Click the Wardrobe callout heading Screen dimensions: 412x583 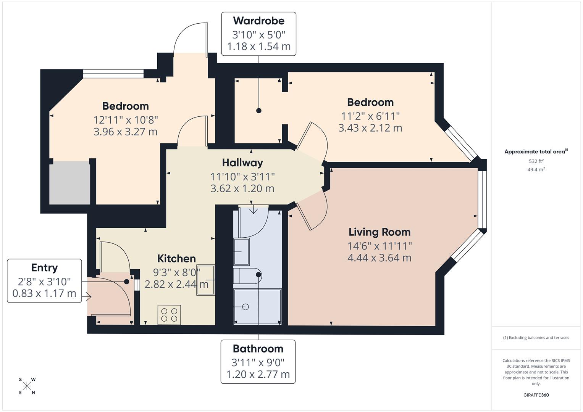pyautogui.click(x=258, y=20)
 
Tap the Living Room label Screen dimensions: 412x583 pyautogui.click(x=379, y=232)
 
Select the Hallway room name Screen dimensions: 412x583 pyautogui.click(x=242, y=163)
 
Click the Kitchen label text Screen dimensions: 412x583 pyautogui.click(x=176, y=259)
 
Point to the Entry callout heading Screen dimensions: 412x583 pyautogui.click(x=44, y=268)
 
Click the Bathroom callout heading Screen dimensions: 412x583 pyautogui.click(x=258, y=349)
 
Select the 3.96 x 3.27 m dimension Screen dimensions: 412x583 pyautogui.click(x=125, y=132)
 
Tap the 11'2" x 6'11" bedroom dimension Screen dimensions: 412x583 pyautogui.click(x=370, y=116)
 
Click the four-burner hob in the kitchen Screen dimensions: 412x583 pyautogui.click(x=169, y=315)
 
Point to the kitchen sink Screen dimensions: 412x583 pyautogui.click(x=205, y=280)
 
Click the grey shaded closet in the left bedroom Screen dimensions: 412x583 pyautogui.click(x=69, y=183)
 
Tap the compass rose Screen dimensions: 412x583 pyautogui.click(x=27, y=386)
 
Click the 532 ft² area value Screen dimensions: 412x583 pyautogui.click(x=536, y=161)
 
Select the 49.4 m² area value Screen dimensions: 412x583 pyautogui.click(x=536, y=170)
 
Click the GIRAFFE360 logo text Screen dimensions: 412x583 pyautogui.click(x=536, y=395)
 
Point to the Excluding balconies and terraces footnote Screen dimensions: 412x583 pyautogui.click(x=536, y=338)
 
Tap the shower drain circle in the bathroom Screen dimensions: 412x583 pyautogui.click(x=245, y=307)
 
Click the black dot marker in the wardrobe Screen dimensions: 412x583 pyautogui.click(x=259, y=111)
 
